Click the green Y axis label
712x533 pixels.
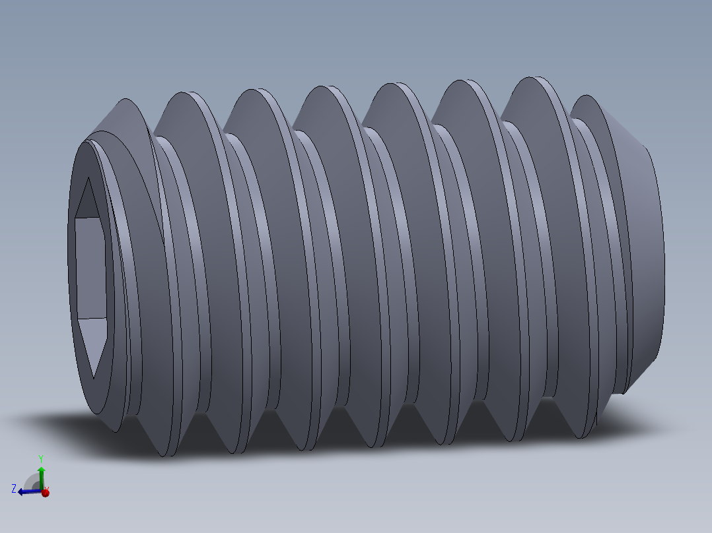point(41,458)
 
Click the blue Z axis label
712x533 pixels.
point(14,488)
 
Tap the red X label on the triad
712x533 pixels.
point(46,488)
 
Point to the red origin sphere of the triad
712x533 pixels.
point(45,492)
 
